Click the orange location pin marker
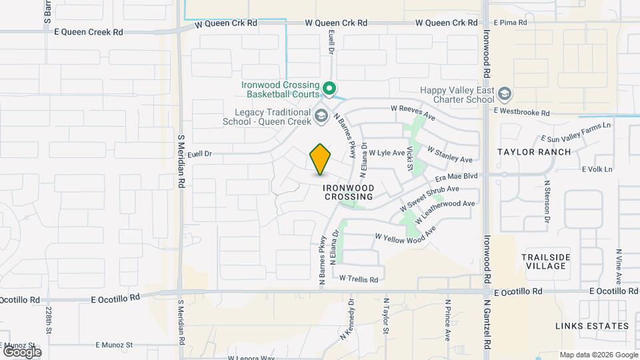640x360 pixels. pos(321,159)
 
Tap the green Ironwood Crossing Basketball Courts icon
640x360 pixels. pos(329,88)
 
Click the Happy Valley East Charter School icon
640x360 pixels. pos(505,95)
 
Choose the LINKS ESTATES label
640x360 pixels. pos(592,326)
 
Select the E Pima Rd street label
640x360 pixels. pos(509,23)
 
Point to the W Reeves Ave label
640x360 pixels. pos(412,111)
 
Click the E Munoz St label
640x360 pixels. pos(115,345)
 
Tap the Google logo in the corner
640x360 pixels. pos(22,351)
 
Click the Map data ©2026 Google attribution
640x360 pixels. pos(598,355)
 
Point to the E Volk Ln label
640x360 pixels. pos(597,169)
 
